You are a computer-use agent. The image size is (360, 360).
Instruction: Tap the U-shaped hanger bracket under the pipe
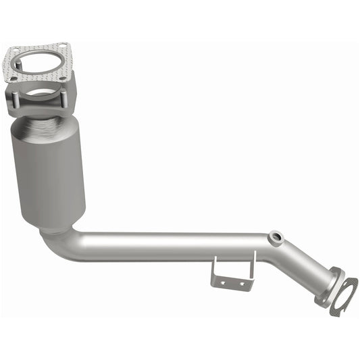pyautogui.click(x=233, y=272)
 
